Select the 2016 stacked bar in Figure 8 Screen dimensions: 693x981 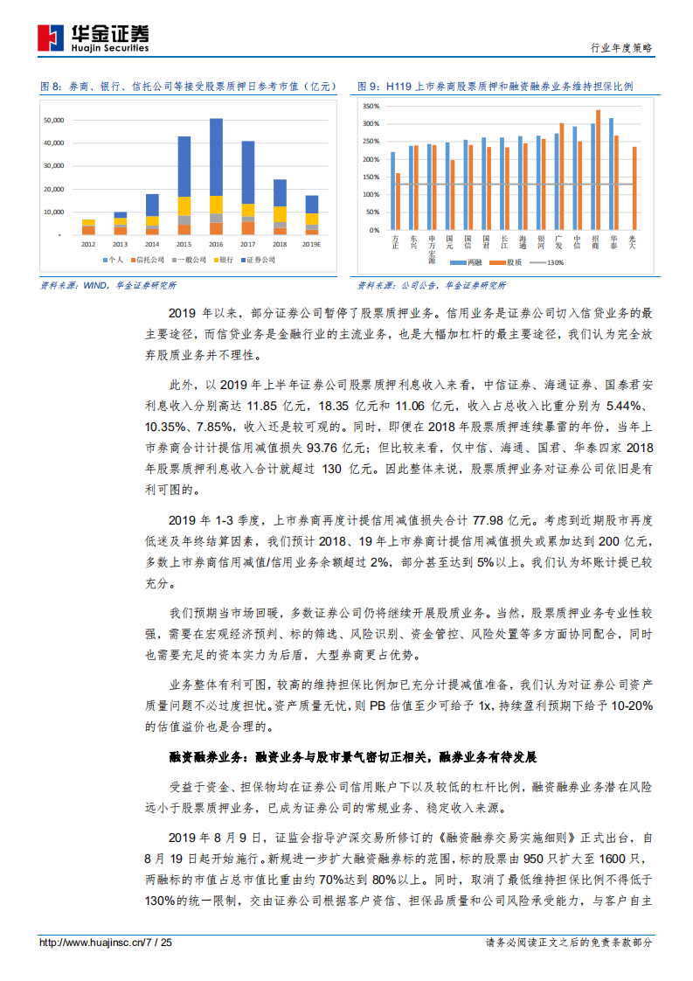[x=216, y=175]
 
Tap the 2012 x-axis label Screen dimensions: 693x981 [x=88, y=244]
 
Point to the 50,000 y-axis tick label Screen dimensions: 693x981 [x=52, y=120]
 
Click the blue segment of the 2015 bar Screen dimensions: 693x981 [x=184, y=166]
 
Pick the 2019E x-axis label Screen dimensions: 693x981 [x=311, y=244]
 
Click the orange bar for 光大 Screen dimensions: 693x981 [x=634, y=188]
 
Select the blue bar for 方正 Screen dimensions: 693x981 [x=393, y=191]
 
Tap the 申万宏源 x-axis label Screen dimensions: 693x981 [x=431, y=249]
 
